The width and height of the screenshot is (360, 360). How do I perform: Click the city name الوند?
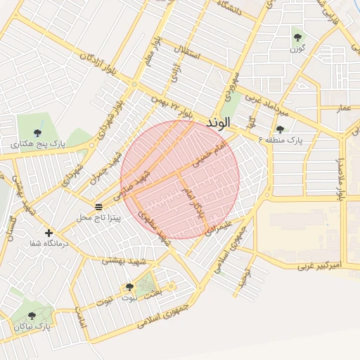click(x=219, y=122)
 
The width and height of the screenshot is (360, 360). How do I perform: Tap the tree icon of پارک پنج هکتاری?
click(x=37, y=133)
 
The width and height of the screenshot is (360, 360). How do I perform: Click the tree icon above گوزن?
click(x=297, y=38)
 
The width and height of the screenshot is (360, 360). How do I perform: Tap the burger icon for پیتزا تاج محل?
click(x=99, y=207)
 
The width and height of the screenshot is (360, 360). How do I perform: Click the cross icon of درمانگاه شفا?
click(x=49, y=233)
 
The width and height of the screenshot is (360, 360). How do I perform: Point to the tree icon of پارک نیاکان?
click(x=32, y=316)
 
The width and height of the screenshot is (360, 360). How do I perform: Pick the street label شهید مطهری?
click(x=155, y=227)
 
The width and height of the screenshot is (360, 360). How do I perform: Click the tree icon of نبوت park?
click(x=129, y=287)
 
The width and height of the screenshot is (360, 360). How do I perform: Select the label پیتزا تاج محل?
click(x=99, y=218)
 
